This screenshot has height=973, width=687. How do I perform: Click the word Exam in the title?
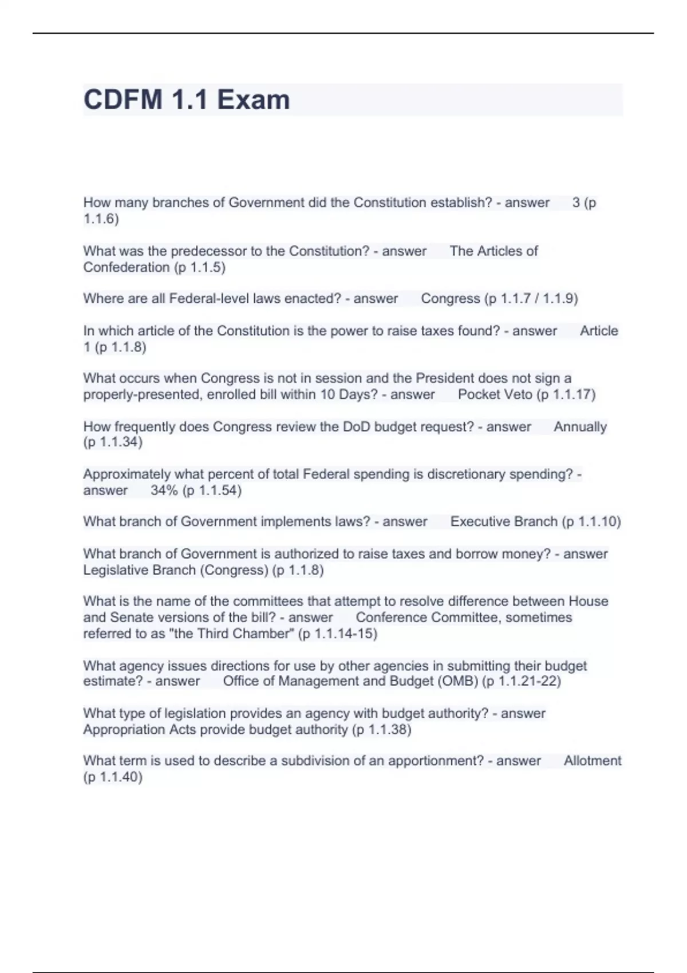(253, 100)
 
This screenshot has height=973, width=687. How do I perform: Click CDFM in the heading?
(123, 100)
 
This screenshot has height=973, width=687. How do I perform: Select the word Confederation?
(126, 267)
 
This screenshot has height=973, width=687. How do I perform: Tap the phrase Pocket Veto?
(495, 394)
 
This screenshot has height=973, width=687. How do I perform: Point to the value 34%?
(164, 491)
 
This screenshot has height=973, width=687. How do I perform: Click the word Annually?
(580, 427)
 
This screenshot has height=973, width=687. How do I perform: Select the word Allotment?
(592, 761)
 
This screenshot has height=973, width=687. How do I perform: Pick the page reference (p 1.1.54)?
(212, 491)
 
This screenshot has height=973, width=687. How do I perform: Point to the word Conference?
(391, 618)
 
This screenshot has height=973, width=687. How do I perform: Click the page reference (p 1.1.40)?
(113, 777)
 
